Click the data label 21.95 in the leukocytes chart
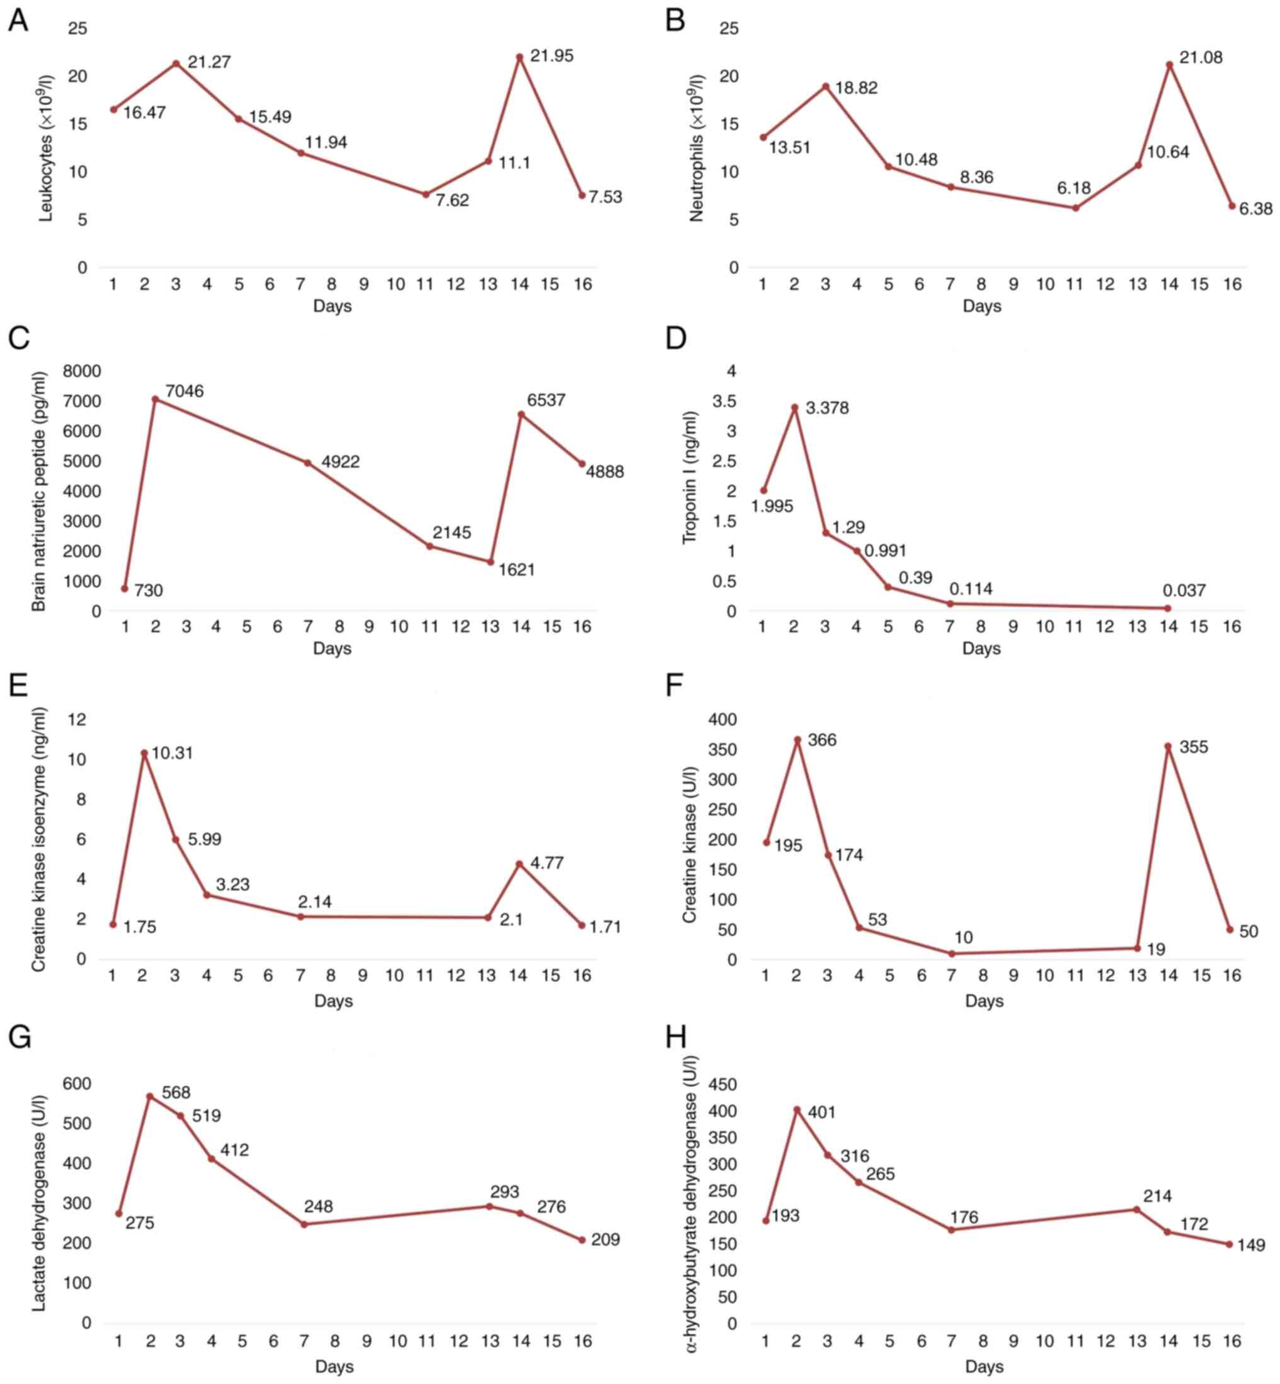pos(551,56)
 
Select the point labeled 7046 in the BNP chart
pos(155,399)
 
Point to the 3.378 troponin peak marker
pos(794,408)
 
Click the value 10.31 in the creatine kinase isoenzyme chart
pos(172,752)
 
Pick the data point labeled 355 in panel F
pos(1169,746)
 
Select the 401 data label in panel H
pos(821,1113)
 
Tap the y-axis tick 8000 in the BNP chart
pos(82,372)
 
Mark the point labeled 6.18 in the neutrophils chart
pos(1076,208)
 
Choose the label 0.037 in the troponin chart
pos(1184,591)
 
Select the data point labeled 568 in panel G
pos(150,1096)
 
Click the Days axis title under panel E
pos(333,1001)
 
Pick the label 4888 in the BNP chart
pos(605,472)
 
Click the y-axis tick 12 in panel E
pos(78,720)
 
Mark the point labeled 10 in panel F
pos(952,953)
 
